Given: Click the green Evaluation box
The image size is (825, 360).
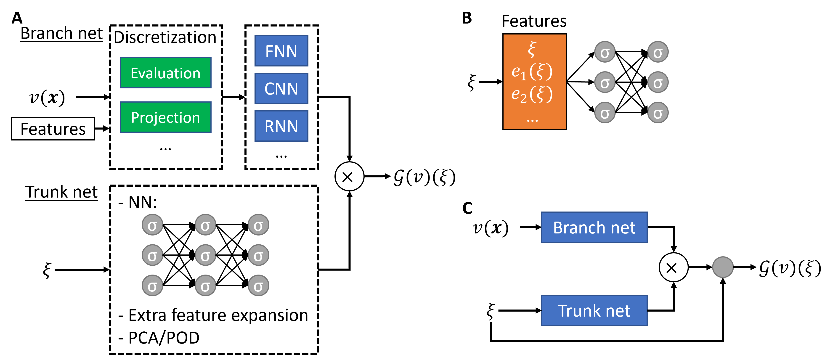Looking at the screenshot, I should click(x=166, y=73).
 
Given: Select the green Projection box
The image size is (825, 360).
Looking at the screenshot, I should click(x=166, y=117).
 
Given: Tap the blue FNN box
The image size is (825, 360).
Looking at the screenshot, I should click(x=281, y=51).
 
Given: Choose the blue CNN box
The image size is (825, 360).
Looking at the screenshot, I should click(x=281, y=89).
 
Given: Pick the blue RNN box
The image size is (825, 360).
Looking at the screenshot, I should click(x=281, y=126).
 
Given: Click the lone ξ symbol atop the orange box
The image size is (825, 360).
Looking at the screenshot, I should click(x=532, y=50).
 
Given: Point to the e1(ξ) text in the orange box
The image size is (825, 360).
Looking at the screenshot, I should click(x=532, y=72).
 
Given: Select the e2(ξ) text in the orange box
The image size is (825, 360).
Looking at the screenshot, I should click(x=532, y=95).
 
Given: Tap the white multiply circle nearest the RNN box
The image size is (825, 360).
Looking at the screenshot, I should click(x=349, y=177).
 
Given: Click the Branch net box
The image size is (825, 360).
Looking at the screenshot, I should click(x=594, y=228).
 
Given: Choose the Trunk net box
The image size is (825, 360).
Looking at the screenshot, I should click(x=594, y=311).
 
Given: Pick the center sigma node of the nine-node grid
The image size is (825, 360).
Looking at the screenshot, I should click(x=205, y=255).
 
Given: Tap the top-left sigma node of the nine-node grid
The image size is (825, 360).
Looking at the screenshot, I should click(x=152, y=225).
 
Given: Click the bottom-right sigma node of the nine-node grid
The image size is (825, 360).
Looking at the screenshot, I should click(x=258, y=285).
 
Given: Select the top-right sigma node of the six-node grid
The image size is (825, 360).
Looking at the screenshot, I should click(x=658, y=52).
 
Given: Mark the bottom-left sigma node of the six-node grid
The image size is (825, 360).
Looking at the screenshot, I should click(x=605, y=113).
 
